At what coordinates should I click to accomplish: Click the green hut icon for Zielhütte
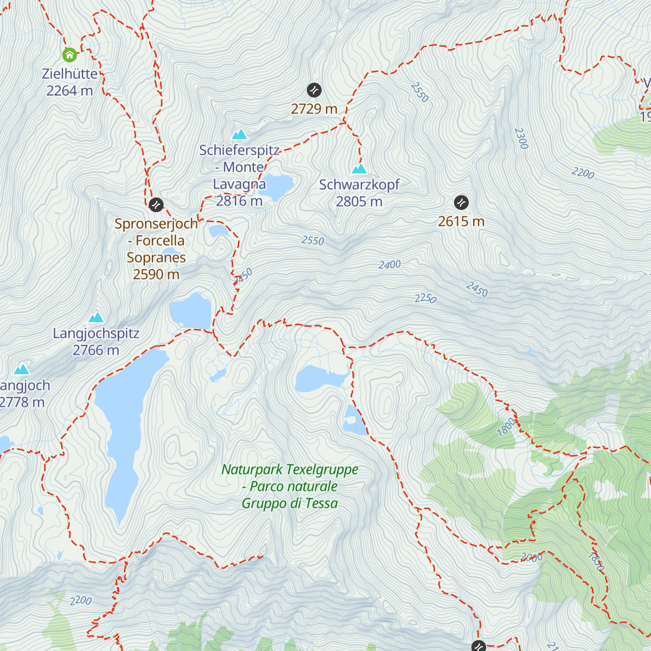pyautogui.click(x=69, y=55)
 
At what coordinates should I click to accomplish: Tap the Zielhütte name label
pyautogui.click(x=70, y=74)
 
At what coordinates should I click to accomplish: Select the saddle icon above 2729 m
pyautogui.click(x=314, y=90)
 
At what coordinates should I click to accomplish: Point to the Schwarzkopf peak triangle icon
pyautogui.click(x=359, y=169)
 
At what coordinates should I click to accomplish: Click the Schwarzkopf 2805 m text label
pyautogui.click(x=359, y=193)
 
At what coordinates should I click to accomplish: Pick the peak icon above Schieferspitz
pyautogui.click(x=239, y=134)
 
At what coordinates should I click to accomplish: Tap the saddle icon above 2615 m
pyautogui.click(x=461, y=202)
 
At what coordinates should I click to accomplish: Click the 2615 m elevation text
pyautogui.click(x=461, y=221)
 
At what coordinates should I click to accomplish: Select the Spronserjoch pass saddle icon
pyautogui.click(x=156, y=205)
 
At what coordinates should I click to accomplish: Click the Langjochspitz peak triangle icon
pyautogui.click(x=97, y=317)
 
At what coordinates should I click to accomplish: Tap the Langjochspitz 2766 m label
pyautogui.click(x=96, y=342)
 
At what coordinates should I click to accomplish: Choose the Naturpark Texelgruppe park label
pyautogui.click(x=290, y=486)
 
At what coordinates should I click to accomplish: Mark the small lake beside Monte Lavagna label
pyautogui.click(x=278, y=186)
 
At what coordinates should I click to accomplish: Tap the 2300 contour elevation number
pyautogui.click(x=521, y=138)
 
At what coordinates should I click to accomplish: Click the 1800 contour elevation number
pyautogui.click(x=506, y=427)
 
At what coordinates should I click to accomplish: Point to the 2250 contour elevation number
pyautogui.click(x=425, y=298)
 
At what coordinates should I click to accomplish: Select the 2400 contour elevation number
pyautogui.click(x=390, y=265)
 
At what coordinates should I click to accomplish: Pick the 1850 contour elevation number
pyautogui.click(x=595, y=561)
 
